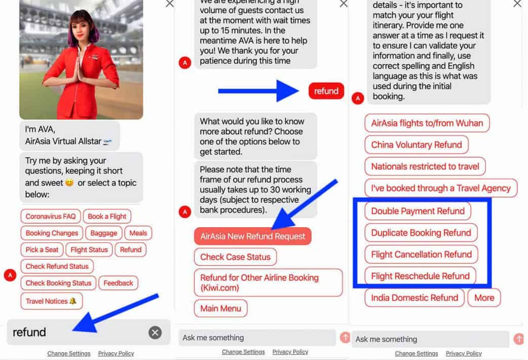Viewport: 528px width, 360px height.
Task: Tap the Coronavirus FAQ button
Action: tap(51, 217)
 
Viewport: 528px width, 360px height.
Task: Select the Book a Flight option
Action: tap(107, 217)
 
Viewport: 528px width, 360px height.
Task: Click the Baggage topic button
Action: tap(104, 233)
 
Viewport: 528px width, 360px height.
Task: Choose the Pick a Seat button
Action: tap(42, 250)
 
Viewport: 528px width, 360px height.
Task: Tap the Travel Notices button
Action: tap(52, 301)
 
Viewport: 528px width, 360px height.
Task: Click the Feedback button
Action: tap(118, 283)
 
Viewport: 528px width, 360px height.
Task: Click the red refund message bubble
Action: tap(326, 91)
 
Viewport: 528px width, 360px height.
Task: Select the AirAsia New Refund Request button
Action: tap(252, 236)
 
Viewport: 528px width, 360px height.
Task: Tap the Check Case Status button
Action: tap(236, 257)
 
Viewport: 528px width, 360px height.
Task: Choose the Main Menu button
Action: tap(220, 308)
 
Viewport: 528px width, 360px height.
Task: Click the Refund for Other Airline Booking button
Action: tap(269, 282)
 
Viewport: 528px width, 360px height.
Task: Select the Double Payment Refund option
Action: tap(418, 211)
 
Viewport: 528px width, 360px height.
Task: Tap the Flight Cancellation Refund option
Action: tap(421, 255)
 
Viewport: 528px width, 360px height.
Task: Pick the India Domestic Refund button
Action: tap(414, 298)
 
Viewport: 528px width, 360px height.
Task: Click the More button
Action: tap(484, 298)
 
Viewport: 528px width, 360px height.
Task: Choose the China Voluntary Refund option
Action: tap(417, 145)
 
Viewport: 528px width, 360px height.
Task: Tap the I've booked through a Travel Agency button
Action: tap(441, 188)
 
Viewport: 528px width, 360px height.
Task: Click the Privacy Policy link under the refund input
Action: tap(116, 353)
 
